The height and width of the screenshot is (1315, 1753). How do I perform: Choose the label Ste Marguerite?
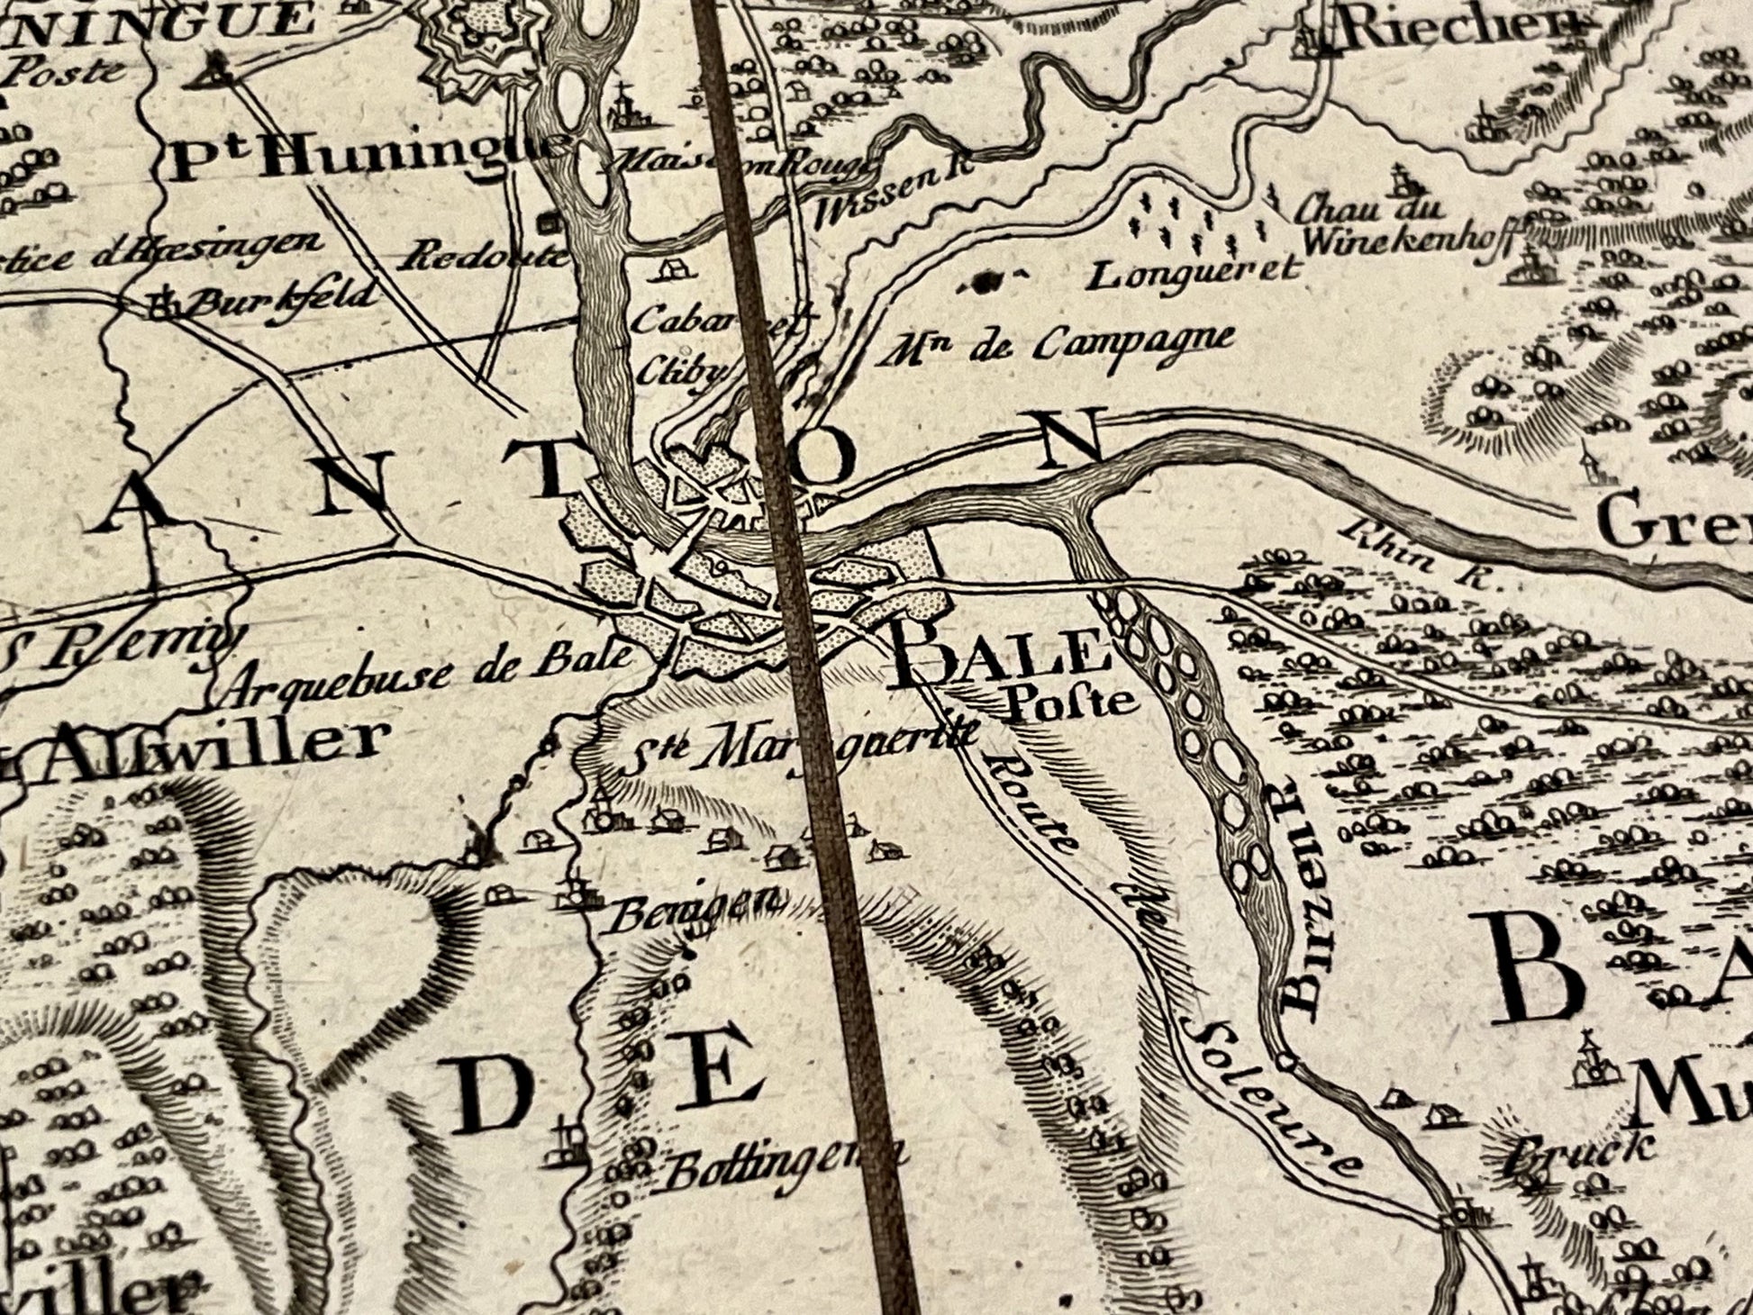pos(802,744)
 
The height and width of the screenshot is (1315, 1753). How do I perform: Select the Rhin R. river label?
pos(1419,556)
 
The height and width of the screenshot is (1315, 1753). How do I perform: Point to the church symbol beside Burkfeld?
pos(163,304)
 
